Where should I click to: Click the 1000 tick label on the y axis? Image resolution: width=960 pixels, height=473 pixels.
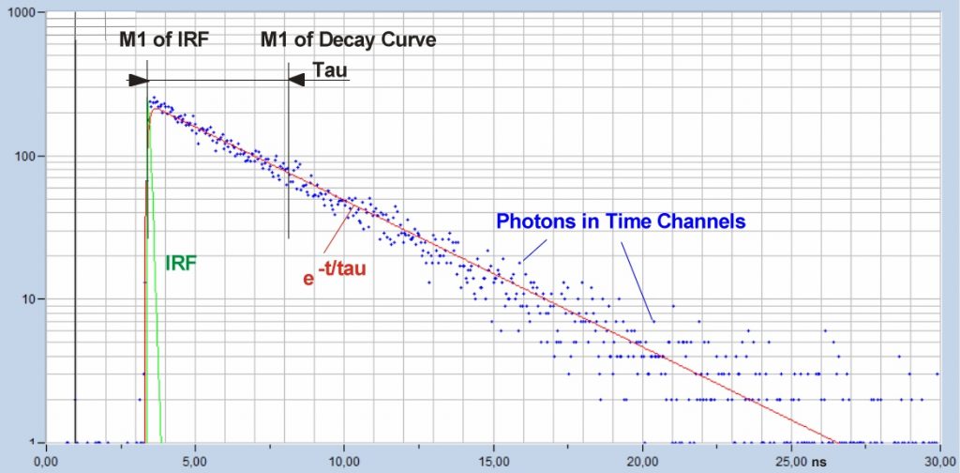pyautogui.click(x=22, y=14)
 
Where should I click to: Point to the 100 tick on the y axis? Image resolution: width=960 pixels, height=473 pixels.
pyautogui.click(x=24, y=156)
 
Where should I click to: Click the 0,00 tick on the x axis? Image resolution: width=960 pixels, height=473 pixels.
pyautogui.click(x=45, y=461)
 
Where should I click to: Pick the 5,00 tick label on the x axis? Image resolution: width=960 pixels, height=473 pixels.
pyautogui.click(x=194, y=461)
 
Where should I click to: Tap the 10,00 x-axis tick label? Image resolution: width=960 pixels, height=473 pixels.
pyautogui.click(x=343, y=461)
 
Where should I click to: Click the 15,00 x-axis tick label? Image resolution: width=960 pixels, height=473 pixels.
pyautogui.click(x=493, y=461)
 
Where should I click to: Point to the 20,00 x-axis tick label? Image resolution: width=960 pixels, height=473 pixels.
pyautogui.click(x=642, y=461)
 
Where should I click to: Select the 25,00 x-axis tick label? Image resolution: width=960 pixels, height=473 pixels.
pyautogui.click(x=791, y=461)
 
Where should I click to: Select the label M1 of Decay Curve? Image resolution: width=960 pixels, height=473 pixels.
pyautogui.click(x=348, y=40)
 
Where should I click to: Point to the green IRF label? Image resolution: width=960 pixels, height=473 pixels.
pyautogui.click(x=181, y=264)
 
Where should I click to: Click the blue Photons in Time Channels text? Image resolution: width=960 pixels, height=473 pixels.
pyautogui.click(x=621, y=222)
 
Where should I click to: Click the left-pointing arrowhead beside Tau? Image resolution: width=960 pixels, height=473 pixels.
pyautogui.click(x=296, y=80)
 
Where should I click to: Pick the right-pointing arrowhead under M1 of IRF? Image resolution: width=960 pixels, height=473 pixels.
pyautogui.click(x=139, y=80)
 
